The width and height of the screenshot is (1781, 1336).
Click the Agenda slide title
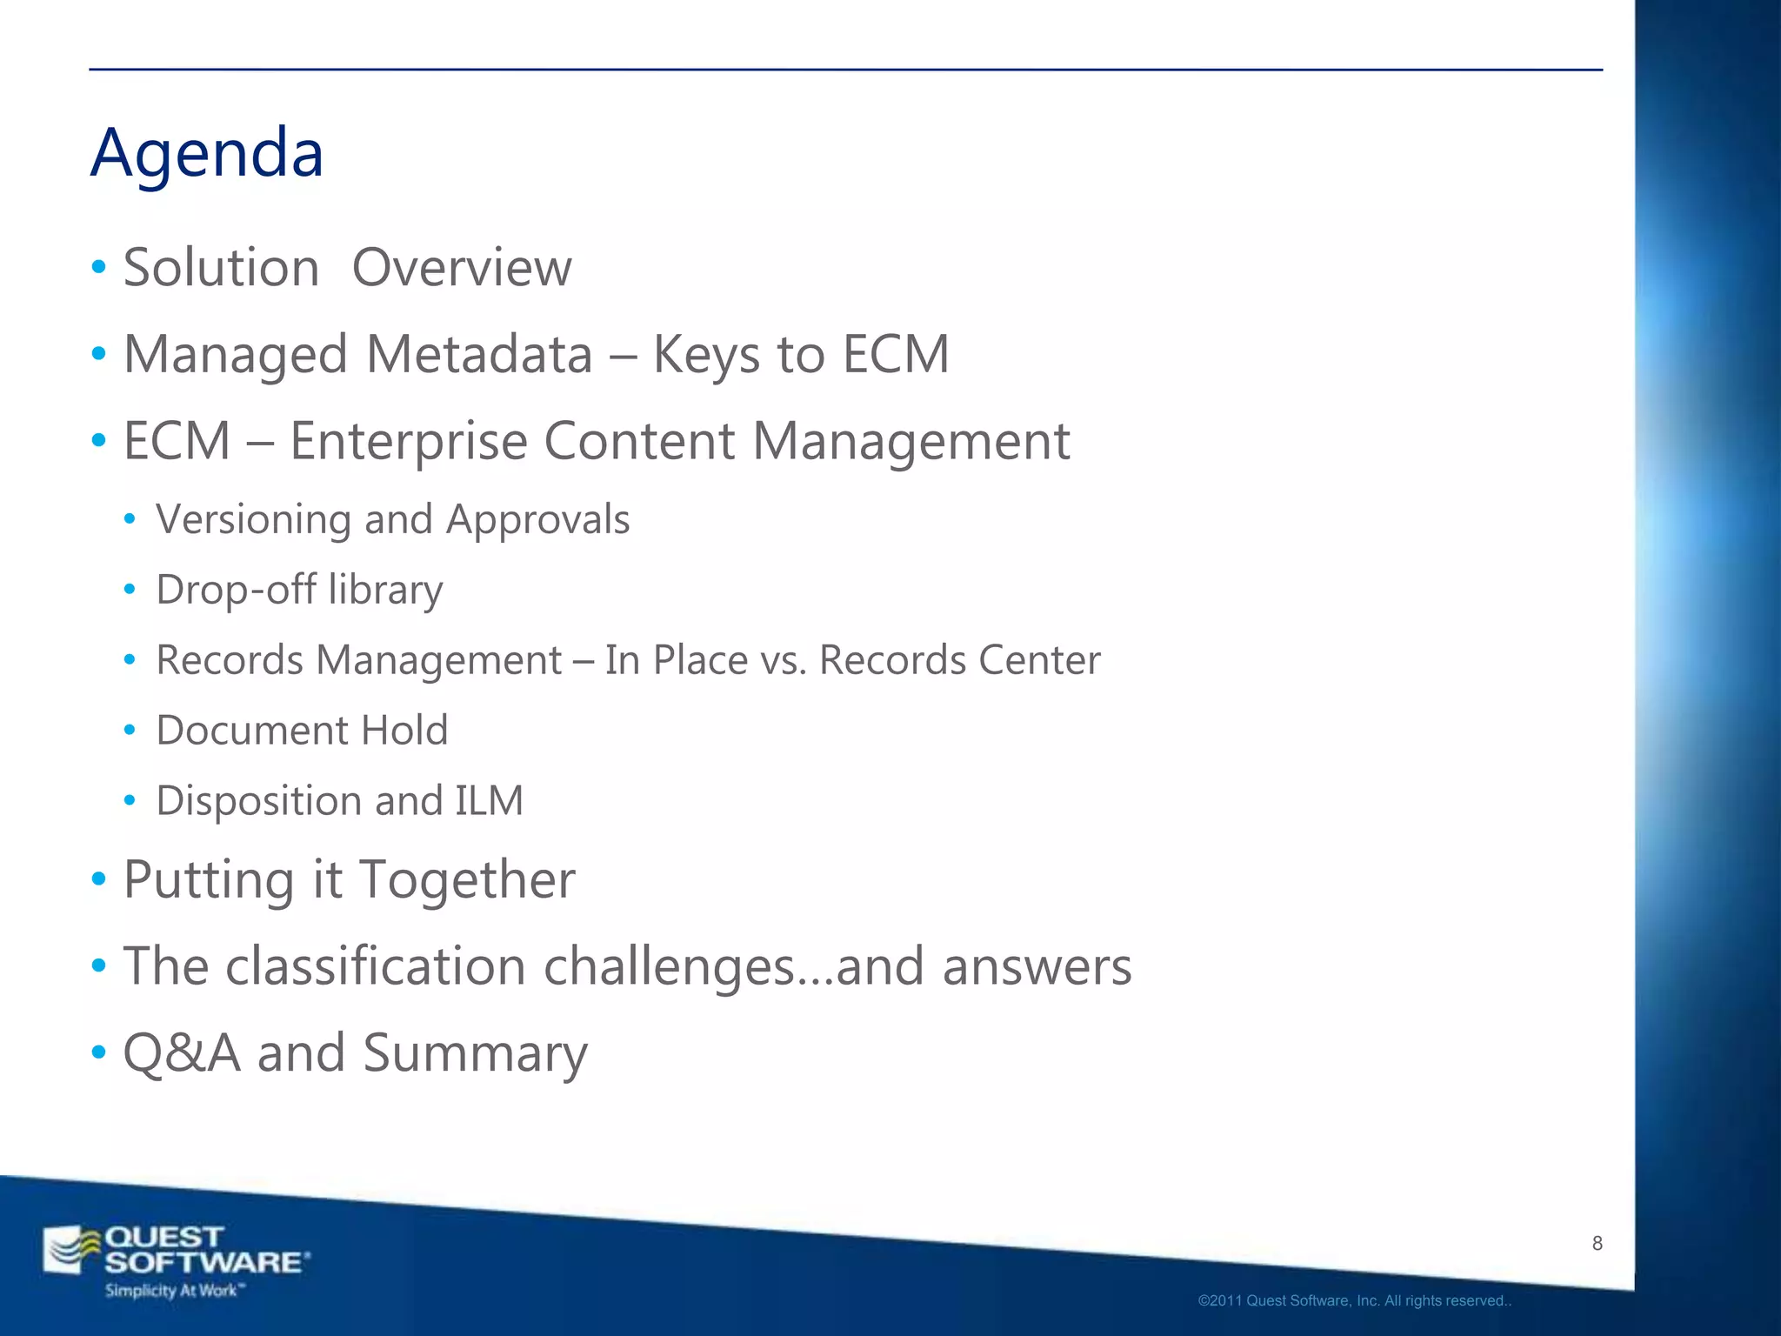(x=207, y=153)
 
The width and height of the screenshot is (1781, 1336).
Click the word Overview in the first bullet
(x=462, y=267)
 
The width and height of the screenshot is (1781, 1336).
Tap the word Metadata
(x=479, y=354)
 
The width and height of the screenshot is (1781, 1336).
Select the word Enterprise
(x=408, y=441)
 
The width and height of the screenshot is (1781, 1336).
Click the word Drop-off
(x=236, y=589)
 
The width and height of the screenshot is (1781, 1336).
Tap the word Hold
(x=404, y=730)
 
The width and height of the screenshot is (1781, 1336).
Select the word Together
(x=467, y=879)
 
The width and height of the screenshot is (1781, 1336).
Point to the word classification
(x=376, y=966)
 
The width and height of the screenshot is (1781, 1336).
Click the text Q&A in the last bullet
(x=181, y=1052)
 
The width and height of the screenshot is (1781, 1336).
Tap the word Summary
(x=475, y=1054)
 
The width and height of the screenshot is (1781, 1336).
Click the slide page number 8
(x=1597, y=1244)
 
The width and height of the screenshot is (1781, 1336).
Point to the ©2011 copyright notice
(x=1353, y=1301)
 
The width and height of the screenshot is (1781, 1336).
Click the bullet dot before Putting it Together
(x=99, y=879)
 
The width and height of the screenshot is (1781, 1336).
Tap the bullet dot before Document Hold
(x=130, y=730)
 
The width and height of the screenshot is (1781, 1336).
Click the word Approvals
(x=537, y=520)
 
